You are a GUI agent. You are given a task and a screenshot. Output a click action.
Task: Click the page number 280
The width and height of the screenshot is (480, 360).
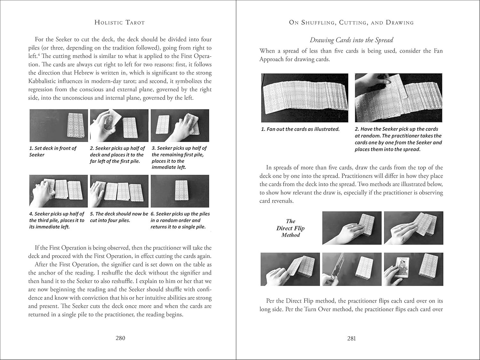coord(120,338)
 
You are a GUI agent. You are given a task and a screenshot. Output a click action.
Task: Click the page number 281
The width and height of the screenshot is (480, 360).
coord(351,338)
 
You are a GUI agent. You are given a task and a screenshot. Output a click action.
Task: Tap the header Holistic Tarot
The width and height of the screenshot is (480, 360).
coord(120,22)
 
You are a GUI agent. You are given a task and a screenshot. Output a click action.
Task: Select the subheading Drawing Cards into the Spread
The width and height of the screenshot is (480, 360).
coord(351,40)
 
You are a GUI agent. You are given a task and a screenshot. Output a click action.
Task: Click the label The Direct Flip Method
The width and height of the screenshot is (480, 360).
coord(290,228)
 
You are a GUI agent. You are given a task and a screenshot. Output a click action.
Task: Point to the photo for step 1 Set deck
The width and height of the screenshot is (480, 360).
coord(58,126)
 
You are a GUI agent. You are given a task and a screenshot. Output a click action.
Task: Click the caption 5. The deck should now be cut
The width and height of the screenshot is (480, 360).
coord(119,217)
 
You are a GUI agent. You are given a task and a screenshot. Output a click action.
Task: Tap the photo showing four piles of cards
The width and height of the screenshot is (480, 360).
coord(119,191)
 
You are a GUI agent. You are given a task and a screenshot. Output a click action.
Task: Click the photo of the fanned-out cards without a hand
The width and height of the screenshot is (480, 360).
coord(304,98)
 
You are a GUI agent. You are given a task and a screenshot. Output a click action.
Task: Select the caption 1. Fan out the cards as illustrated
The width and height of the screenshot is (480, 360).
coord(300,129)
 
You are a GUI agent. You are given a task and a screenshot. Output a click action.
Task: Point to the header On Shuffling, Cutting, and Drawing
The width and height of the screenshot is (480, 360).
coord(351,22)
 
